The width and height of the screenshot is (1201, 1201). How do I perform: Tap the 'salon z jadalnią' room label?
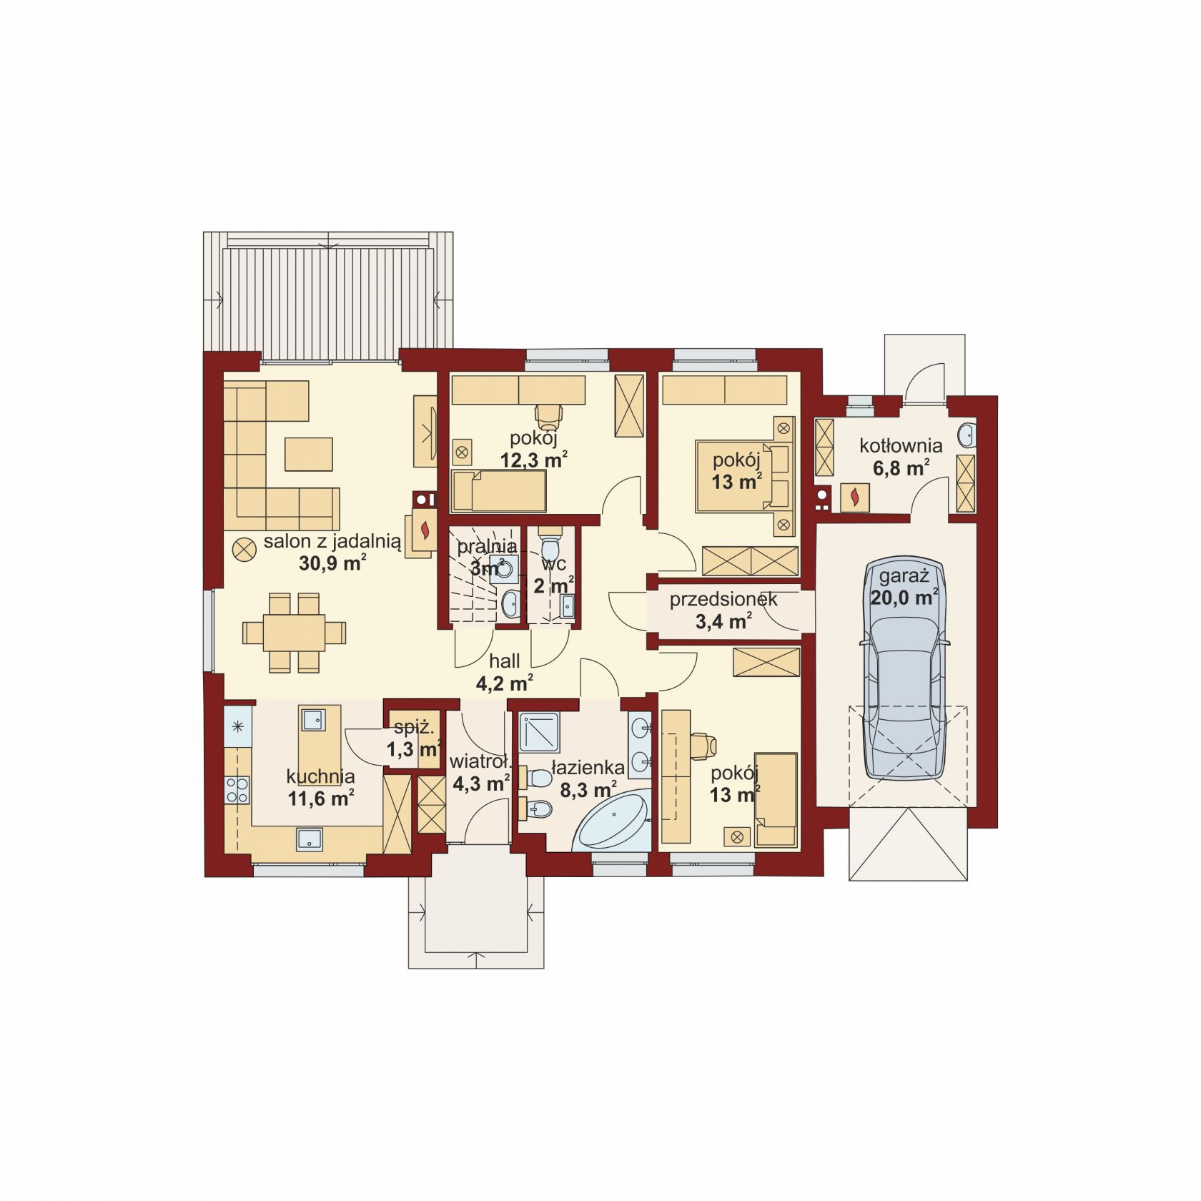[x=333, y=541]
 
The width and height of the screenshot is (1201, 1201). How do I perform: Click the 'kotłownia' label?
[x=901, y=446]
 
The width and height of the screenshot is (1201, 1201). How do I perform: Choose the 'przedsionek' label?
[x=723, y=600]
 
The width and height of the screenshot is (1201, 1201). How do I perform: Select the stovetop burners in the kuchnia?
[x=237, y=790]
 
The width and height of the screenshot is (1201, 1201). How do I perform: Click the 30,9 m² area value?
[x=333, y=563]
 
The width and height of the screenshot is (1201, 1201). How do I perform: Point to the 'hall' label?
[x=504, y=661]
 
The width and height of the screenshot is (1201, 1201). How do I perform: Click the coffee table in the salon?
[x=309, y=454]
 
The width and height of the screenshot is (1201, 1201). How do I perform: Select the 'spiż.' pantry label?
[x=414, y=728]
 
